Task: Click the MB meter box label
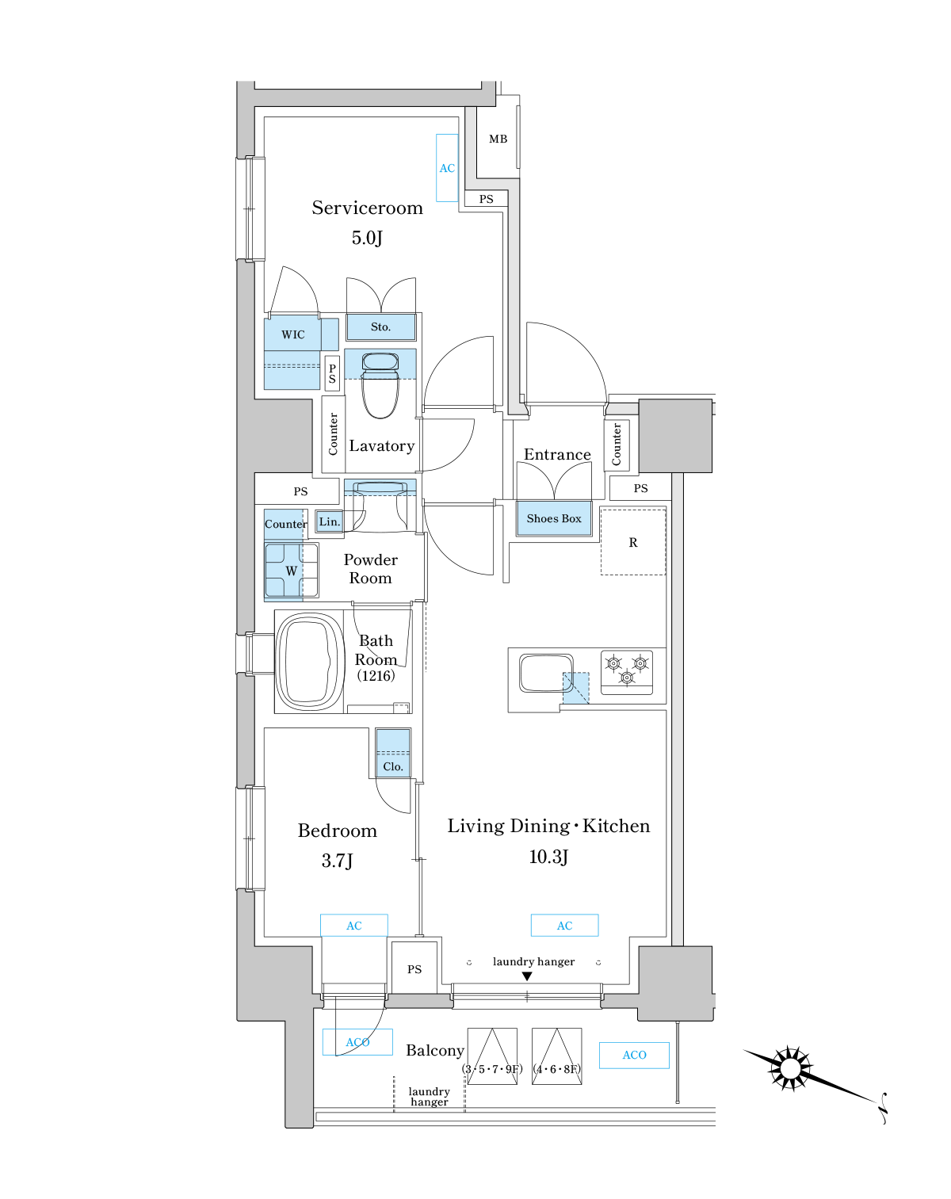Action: tap(498, 139)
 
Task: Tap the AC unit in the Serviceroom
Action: tap(447, 168)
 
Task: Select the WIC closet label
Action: tap(293, 335)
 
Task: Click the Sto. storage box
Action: tap(381, 327)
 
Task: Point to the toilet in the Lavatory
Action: tap(380, 385)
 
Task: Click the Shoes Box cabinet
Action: tap(554, 519)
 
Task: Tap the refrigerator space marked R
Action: tap(633, 542)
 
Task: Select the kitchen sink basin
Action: tap(546, 673)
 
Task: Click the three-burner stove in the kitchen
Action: tap(627, 672)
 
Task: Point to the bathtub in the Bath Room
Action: tap(309, 662)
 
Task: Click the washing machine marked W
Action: tap(292, 571)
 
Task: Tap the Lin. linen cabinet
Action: tap(329, 522)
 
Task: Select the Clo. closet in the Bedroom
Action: tap(393, 753)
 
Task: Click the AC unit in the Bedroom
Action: tap(353, 926)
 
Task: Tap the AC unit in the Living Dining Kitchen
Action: tap(564, 926)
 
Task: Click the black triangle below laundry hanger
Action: tap(526, 976)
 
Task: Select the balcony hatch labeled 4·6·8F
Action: tap(556, 1056)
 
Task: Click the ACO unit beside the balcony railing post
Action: tap(634, 1056)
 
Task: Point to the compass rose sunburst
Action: tap(790, 1068)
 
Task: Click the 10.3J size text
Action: tap(548, 857)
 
